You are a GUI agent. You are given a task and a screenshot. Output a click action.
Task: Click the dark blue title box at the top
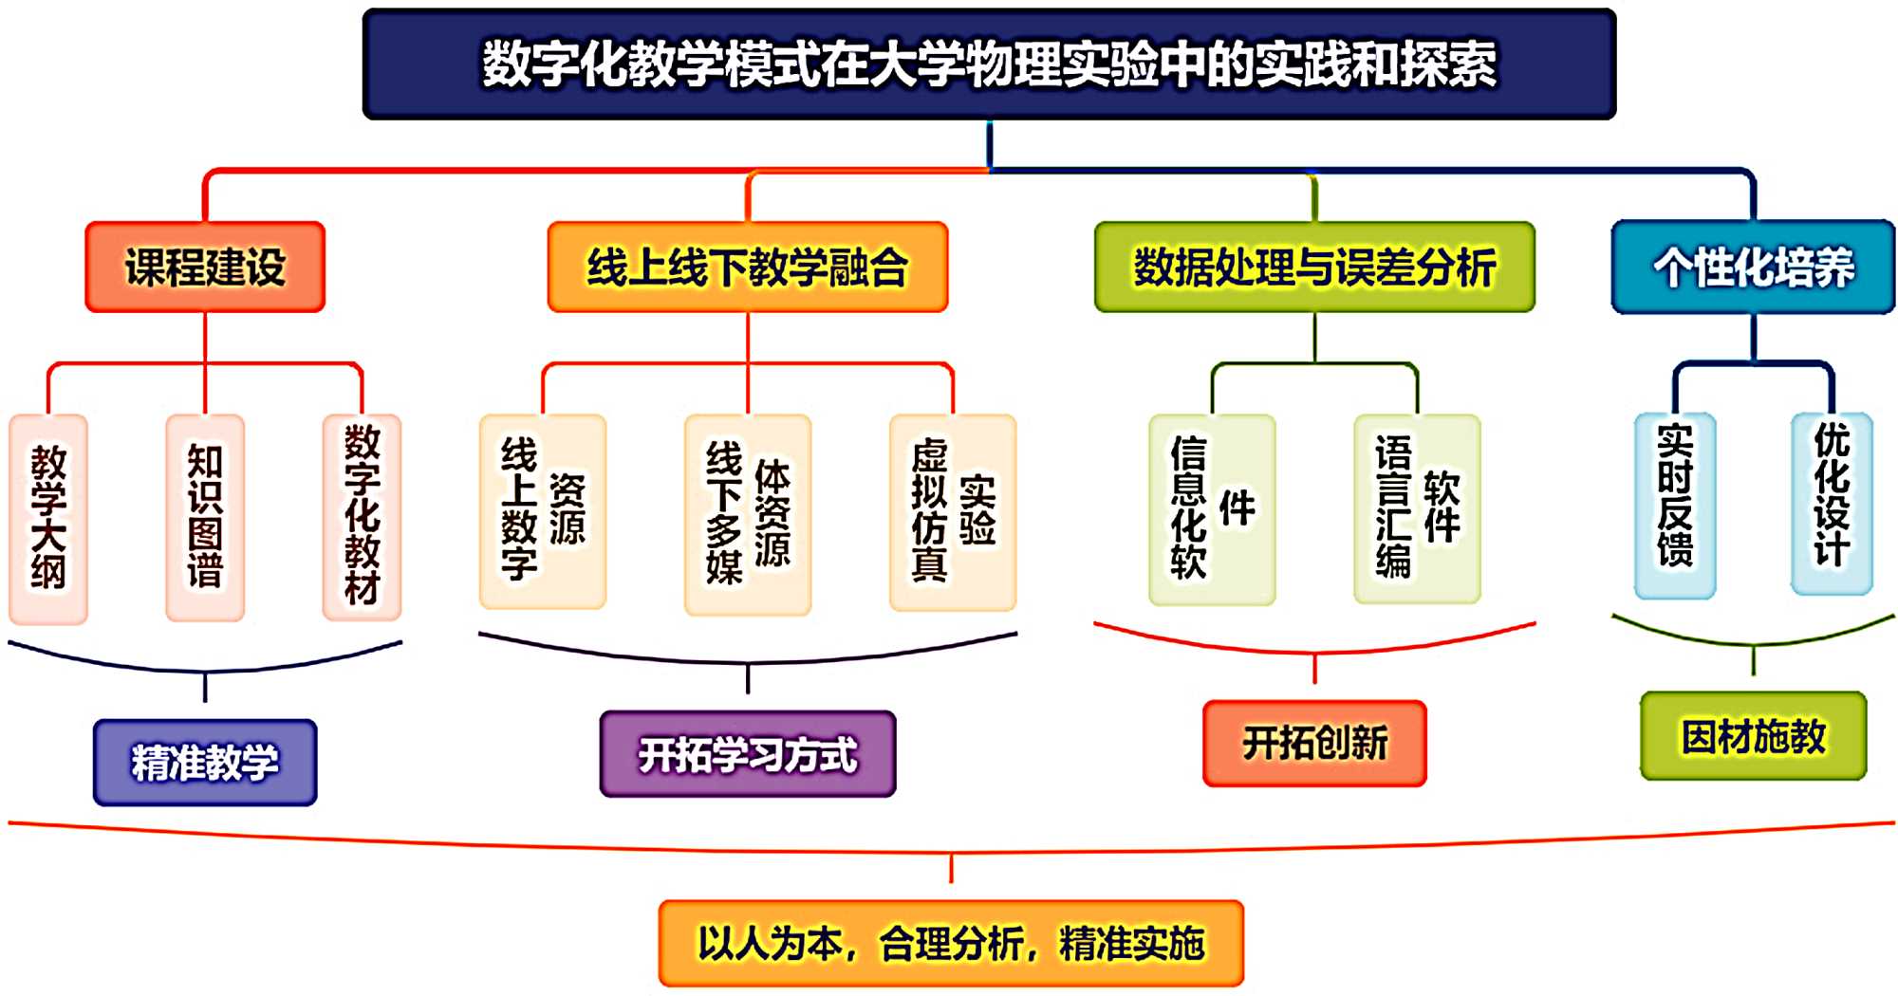[x=989, y=65]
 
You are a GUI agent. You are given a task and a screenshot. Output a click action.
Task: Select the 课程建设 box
[x=205, y=267]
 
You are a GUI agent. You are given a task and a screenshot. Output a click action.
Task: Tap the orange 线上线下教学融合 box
[x=748, y=267]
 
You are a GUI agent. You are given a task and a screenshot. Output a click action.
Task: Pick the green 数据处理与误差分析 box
[x=1314, y=267]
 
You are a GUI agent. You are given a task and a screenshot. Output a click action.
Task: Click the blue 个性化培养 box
[x=1753, y=267]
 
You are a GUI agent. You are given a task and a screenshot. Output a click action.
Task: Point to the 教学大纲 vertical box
[x=48, y=518]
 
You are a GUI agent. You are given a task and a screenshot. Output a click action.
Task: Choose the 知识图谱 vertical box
[x=205, y=518]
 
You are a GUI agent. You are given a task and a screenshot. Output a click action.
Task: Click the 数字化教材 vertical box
[x=362, y=518]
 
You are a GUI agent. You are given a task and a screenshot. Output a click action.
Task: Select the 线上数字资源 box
[x=543, y=512]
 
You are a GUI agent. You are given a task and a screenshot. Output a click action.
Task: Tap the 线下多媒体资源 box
[x=748, y=514]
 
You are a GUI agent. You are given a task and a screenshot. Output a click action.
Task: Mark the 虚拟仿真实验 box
[x=953, y=512]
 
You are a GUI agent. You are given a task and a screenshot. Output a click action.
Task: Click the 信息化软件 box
[x=1212, y=509]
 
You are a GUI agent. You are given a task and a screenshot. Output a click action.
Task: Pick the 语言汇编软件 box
[x=1417, y=509]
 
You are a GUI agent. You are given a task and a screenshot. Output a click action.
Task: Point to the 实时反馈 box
[x=1675, y=505]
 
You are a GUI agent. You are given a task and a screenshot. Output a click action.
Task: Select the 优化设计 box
[x=1832, y=503]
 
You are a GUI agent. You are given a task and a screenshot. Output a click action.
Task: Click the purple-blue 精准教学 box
[x=205, y=763]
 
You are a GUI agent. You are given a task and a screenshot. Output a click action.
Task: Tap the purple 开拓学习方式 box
[x=748, y=754]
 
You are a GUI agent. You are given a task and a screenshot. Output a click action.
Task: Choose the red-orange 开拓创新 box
[x=1314, y=743]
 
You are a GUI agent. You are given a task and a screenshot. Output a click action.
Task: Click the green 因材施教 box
[x=1753, y=736]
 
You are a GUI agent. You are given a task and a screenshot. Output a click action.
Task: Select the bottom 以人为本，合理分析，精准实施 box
[x=951, y=943]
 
